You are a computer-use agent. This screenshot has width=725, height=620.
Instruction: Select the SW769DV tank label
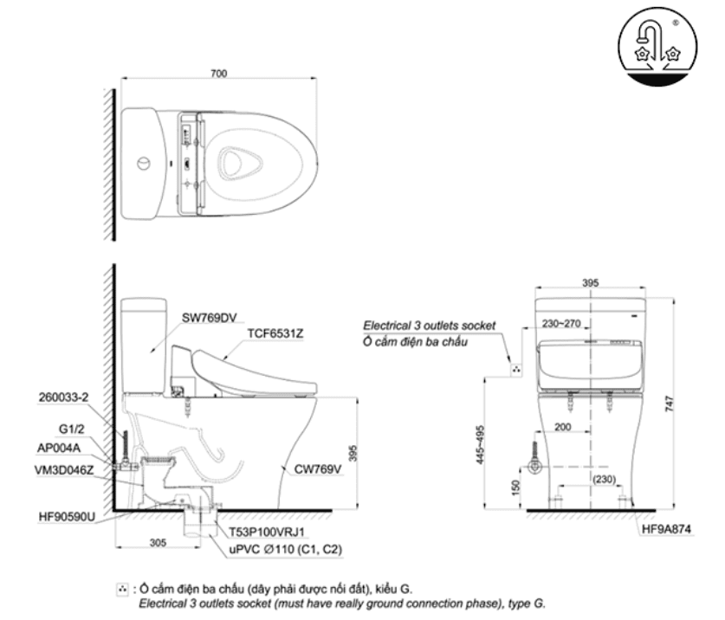coord(209,317)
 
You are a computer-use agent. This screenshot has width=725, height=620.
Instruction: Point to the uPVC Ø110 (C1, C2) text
coord(284,548)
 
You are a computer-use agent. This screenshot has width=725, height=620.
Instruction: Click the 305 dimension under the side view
coord(158,544)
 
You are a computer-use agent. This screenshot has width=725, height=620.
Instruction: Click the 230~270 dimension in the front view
coord(561,324)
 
